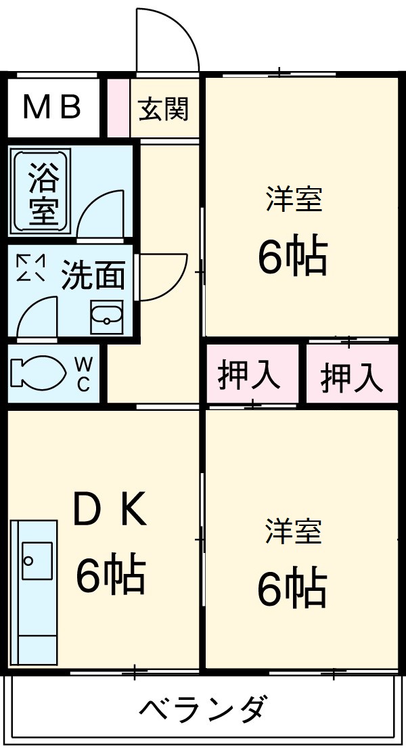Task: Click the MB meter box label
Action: click(52, 107)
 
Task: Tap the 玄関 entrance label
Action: click(163, 108)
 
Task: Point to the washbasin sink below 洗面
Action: click(106, 316)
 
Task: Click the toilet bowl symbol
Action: click(37, 373)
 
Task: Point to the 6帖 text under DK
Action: click(110, 575)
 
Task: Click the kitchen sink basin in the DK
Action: click(37, 560)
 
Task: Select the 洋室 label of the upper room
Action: click(294, 200)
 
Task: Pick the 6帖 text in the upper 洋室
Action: click(292, 256)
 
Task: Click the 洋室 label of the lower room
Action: click(294, 532)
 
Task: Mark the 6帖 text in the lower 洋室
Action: click(292, 587)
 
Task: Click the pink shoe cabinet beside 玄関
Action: click(118, 108)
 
